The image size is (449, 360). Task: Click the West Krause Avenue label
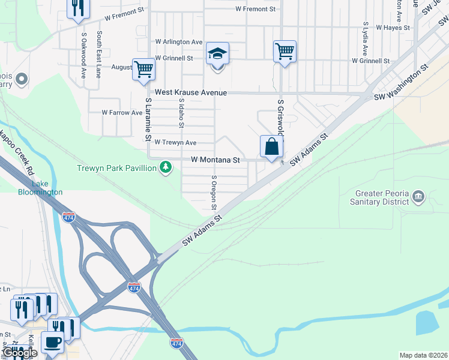click(190, 93)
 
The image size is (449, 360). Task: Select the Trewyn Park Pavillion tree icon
click(166, 169)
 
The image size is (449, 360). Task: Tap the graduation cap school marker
click(217, 55)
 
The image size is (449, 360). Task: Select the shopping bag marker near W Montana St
click(271, 146)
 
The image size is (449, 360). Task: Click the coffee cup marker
click(52, 342)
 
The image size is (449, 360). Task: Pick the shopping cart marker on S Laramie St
click(143, 69)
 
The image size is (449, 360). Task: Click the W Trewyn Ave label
click(175, 143)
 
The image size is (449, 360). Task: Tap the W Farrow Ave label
click(122, 112)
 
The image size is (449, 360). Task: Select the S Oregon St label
click(214, 193)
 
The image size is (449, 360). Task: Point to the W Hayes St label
click(393, 28)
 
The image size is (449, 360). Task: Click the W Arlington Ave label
click(179, 42)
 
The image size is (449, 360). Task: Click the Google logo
click(19, 353)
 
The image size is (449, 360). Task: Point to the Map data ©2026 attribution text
click(423, 355)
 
